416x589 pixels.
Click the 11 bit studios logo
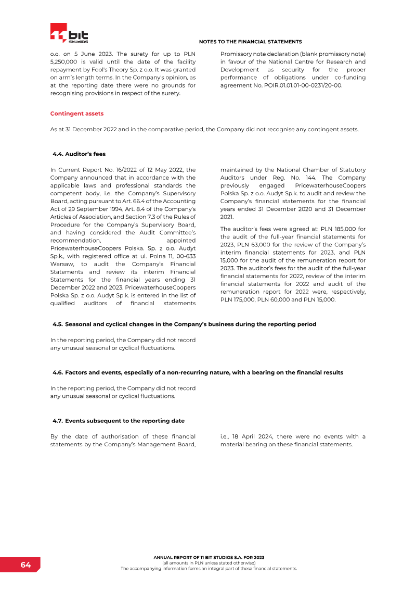[69, 33]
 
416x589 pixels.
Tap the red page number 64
[26, 565]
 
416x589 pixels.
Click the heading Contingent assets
[76, 113]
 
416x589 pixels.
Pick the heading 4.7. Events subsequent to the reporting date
[119, 420]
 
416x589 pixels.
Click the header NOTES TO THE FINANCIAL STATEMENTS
[250, 41]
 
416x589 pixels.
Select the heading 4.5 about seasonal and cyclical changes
[184, 324]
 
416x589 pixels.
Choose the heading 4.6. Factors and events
[198, 372]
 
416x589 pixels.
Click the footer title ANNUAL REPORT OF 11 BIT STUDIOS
[209, 557]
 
